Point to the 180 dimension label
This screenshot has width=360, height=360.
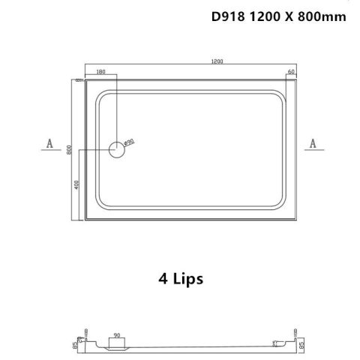(102, 73)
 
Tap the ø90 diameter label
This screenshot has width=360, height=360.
(128, 141)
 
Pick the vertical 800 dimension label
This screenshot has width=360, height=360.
(70, 149)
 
